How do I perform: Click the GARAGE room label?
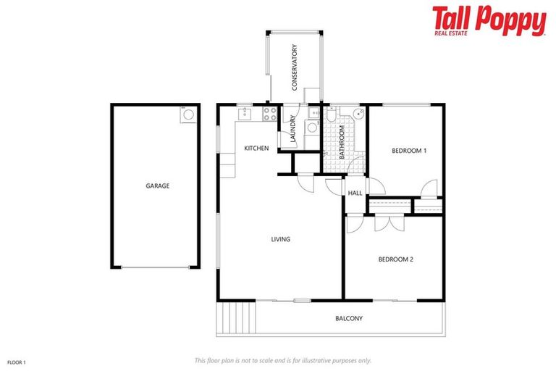click(157, 186)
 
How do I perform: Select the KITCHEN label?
click(256, 149)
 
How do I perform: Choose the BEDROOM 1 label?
click(408, 151)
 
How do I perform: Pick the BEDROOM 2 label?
click(395, 259)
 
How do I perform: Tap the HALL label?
click(355, 193)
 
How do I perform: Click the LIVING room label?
click(281, 239)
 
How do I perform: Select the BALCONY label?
click(349, 318)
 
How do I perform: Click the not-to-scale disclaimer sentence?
click(282, 360)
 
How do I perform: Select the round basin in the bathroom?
click(358, 116)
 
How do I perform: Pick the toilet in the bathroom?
click(331, 116)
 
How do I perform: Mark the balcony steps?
click(236, 317)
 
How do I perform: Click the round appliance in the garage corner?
click(188, 114)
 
